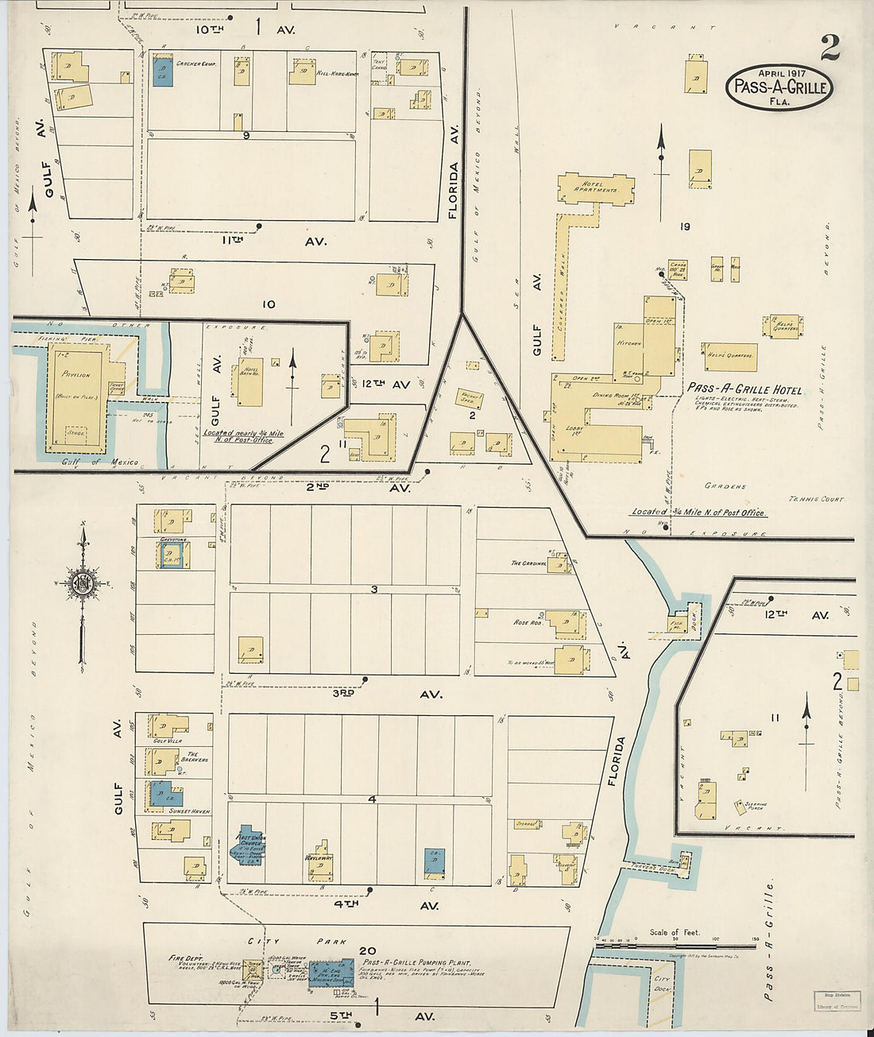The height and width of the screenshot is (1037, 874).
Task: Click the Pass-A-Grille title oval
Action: (x=779, y=87)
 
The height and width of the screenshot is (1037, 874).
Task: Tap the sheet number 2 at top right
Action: (x=830, y=48)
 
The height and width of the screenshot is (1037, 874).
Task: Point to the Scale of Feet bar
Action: (x=675, y=946)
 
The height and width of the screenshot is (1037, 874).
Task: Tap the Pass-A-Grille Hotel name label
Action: (x=744, y=389)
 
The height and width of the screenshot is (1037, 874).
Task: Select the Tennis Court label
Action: (x=816, y=499)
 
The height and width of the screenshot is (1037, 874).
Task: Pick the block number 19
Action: (x=684, y=226)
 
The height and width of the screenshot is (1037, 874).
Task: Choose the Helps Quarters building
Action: (x=729, y=357)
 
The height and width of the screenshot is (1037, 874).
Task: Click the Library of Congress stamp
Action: (x=837, y=1000)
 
